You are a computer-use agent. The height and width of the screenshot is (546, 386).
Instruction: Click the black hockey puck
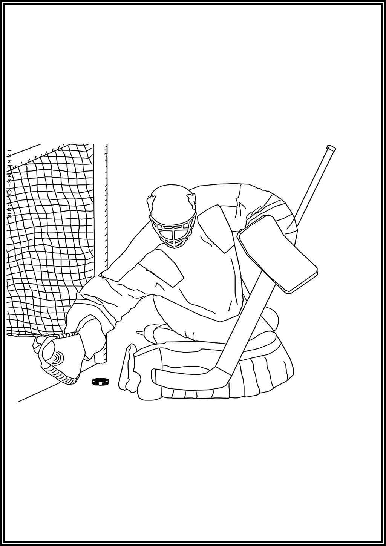pyautogui.click(x=100, y=382)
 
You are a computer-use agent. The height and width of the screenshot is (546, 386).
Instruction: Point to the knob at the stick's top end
pyautogui.click(x=331, y=148)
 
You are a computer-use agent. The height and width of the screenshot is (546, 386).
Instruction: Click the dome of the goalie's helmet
pyautogui.click(x=172, y=200)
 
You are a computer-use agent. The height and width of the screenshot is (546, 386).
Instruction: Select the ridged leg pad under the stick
pyautogui.click(x=264, y=377)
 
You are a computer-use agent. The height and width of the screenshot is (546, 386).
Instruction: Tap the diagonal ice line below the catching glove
pyautogui.click(x=38, y=392)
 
